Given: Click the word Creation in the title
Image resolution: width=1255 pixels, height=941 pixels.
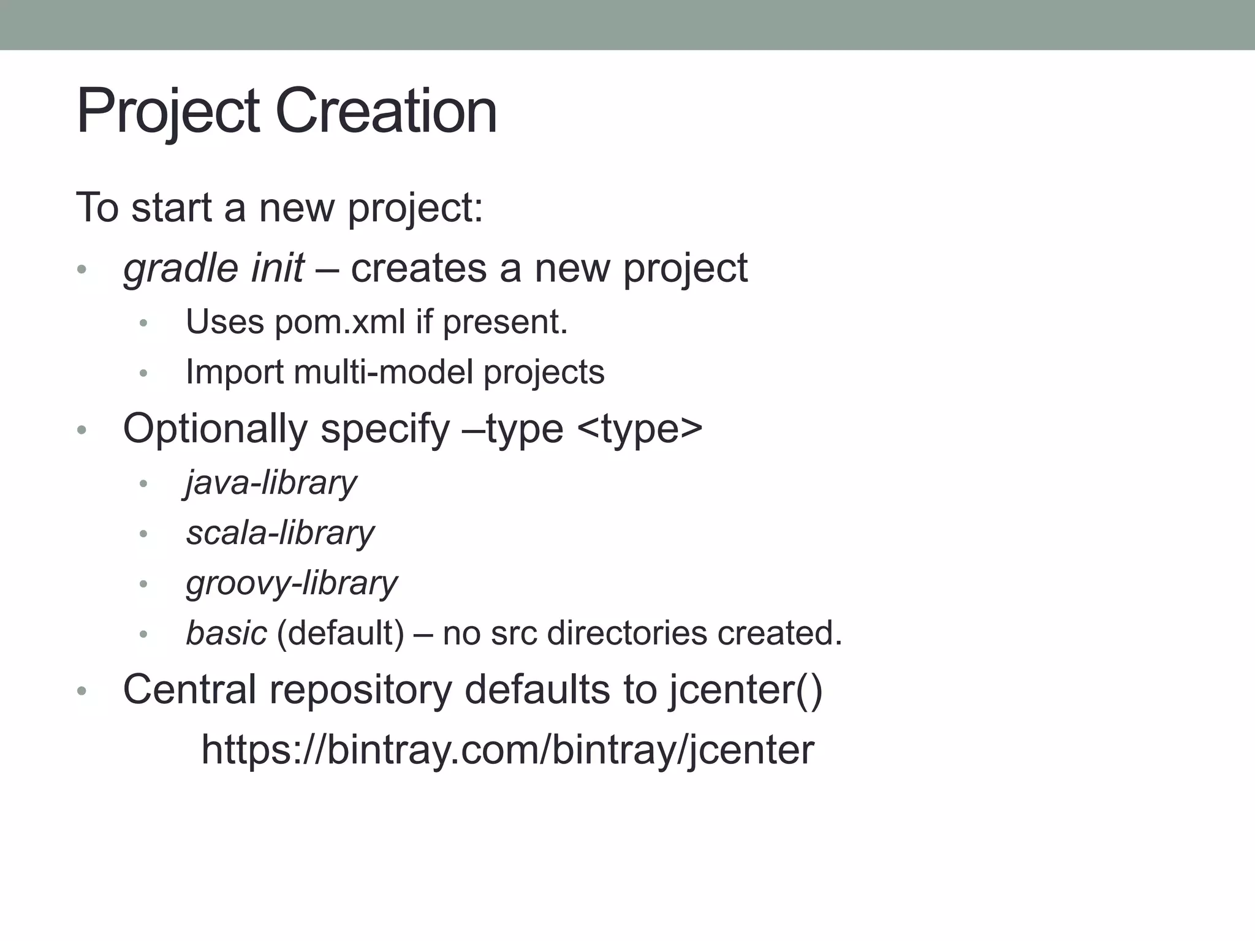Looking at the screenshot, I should tap(386, 111).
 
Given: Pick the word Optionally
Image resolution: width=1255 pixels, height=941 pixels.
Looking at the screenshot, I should tap(215, 428).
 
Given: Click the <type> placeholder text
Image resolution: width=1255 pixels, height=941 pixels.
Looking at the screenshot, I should tap(640, 428).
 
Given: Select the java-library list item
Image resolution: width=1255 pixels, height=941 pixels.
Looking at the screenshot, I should tap(271, 483).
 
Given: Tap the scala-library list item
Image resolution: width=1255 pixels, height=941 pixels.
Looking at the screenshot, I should tap(280, 533).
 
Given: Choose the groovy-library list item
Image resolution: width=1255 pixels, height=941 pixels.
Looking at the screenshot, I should tap(292, 583).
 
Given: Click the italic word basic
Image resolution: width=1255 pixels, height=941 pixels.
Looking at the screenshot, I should tap(226, 633).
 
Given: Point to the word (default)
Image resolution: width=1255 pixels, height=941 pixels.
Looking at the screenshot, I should tap(341, 633).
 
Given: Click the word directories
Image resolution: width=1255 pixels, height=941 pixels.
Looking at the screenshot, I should tap(627, 633).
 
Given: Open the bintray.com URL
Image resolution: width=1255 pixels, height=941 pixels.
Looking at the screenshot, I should tap(508, 749).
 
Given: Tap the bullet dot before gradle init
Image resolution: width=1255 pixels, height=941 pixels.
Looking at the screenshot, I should tap(82, 269).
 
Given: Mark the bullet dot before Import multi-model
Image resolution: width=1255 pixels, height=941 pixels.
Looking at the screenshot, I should tap(143, 372).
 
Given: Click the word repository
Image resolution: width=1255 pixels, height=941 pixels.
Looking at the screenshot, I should tap(360, 690).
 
